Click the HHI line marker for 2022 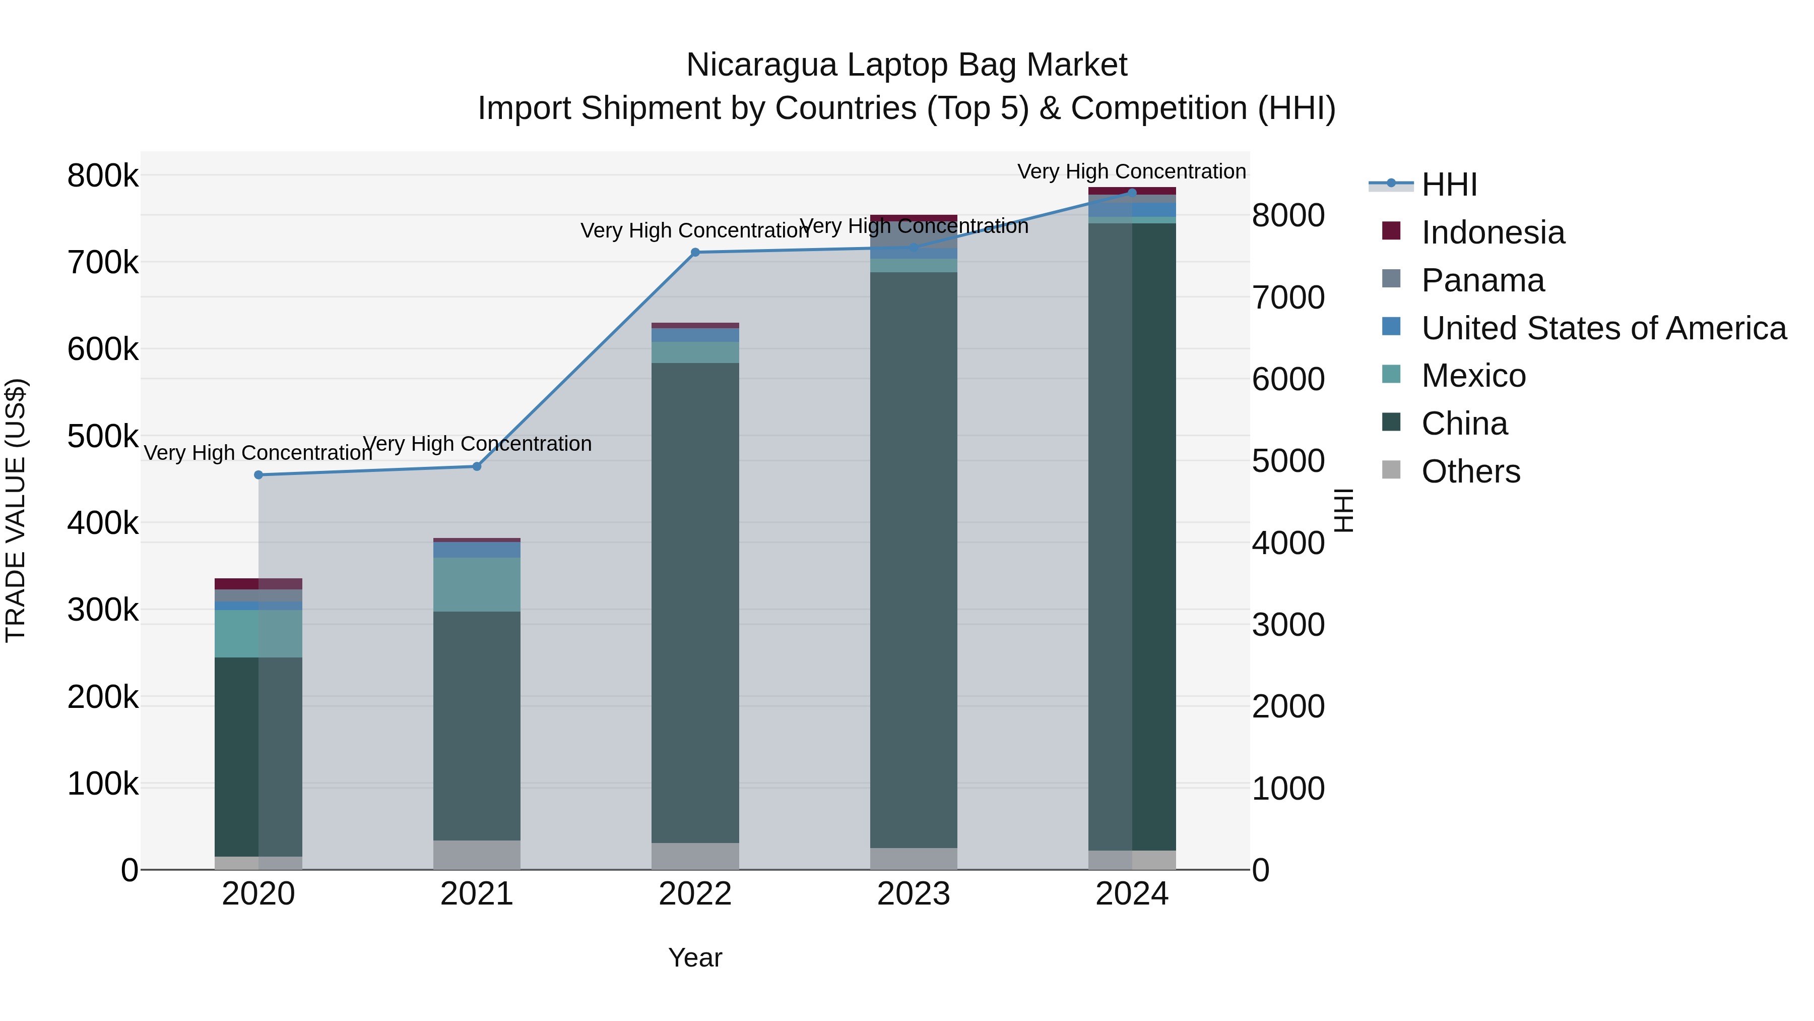695,252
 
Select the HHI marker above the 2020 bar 258,475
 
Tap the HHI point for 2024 1132,193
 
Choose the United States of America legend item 1603,328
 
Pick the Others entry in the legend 1470,471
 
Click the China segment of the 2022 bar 695,603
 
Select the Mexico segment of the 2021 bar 477,584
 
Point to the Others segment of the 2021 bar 477,855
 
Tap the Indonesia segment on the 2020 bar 258,583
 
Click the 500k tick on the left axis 103,436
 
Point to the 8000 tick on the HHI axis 1288,216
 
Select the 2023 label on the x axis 914,894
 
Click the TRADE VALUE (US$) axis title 16,510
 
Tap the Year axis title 695,957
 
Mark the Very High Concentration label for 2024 1132,171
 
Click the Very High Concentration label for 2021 477,444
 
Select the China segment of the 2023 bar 914,560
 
